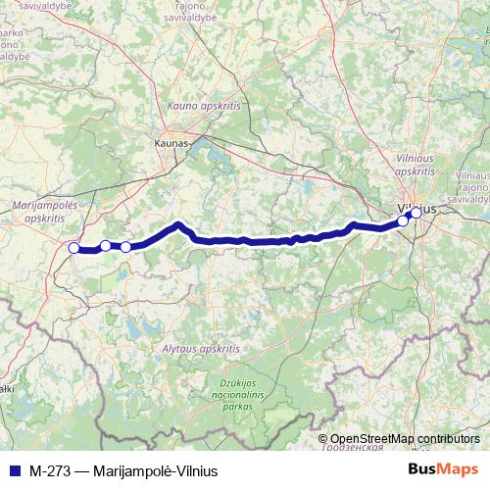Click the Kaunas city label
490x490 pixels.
171,143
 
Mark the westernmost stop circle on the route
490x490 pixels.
73,248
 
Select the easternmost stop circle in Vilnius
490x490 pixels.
416,212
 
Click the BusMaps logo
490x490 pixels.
442,468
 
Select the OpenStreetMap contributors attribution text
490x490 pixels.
405,439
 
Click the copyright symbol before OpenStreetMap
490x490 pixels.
324,439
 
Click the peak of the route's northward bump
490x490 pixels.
178,224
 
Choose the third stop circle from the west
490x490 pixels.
125,246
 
